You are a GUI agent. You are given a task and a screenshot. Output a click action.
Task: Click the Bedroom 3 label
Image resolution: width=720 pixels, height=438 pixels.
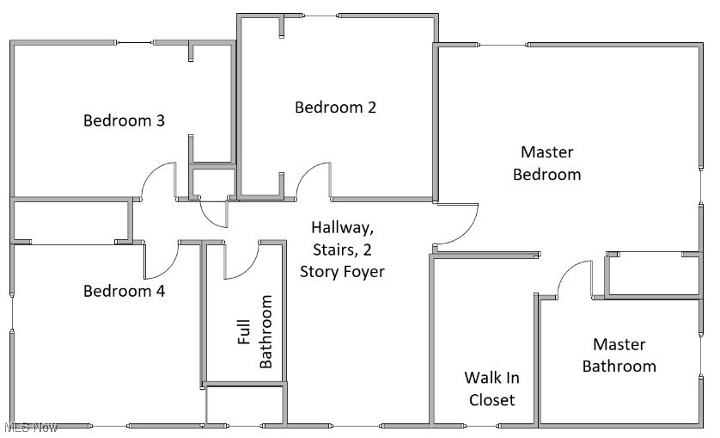click(124, 120)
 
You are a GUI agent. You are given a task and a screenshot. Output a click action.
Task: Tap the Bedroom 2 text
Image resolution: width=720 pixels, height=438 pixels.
click(335, 108)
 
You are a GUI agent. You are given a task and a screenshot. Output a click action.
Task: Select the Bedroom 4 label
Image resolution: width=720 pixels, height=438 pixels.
click(124, 291)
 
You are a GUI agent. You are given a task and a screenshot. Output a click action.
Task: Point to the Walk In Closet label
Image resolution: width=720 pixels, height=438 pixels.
click(491, 388)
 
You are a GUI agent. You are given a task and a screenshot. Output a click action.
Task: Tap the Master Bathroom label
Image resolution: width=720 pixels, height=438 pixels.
click(619, 355)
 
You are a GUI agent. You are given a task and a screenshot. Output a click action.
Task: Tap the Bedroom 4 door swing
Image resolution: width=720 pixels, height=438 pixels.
click(161, 262)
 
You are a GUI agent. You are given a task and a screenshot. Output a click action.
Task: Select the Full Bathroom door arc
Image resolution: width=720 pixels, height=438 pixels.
click(241, 262)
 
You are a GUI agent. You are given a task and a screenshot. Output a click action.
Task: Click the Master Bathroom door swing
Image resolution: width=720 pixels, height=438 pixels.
click(573, 277)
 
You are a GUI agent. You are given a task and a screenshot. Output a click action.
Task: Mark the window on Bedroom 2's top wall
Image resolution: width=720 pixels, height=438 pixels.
click(321, 15)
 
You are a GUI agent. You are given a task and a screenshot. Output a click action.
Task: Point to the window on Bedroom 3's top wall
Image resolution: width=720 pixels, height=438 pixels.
click(135, 42)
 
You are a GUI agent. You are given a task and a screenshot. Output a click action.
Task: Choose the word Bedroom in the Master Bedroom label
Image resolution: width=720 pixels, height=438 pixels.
click(546, 174)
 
